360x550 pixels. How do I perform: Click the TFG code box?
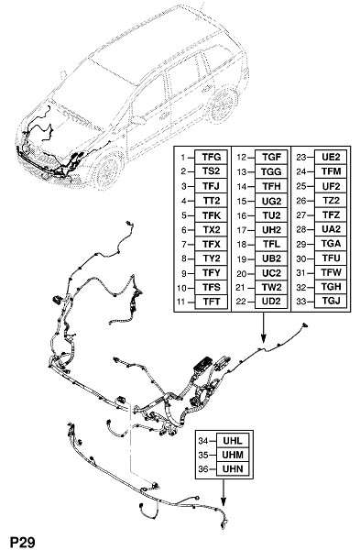click(x=211, y=157)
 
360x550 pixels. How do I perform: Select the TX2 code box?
click(x=211, y=230)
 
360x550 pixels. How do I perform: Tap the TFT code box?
click(x=211, y=302)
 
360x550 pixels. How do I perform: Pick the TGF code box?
click(x=271, y=157)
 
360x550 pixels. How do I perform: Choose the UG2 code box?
click(x=271, y=201)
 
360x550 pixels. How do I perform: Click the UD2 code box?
click(x=271, y=302)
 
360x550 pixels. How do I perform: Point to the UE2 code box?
click(x=331, y=157)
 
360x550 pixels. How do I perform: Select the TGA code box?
click(x=331, y=244)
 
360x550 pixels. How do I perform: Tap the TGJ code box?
click(x=331, y=301)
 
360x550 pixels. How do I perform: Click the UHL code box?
click(x=233, y=440)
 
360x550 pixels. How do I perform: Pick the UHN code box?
click(x=233, y=469)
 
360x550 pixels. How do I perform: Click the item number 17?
click(x=242, y=230)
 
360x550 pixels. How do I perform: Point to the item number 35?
click(x=203, y=455)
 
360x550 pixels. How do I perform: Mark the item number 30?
click(x=301, y=258)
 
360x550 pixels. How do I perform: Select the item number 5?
click(x=184, y=215)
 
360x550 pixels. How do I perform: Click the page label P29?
click(x=23, y=543)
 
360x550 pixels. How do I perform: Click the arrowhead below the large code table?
click(x=263, y=338)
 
